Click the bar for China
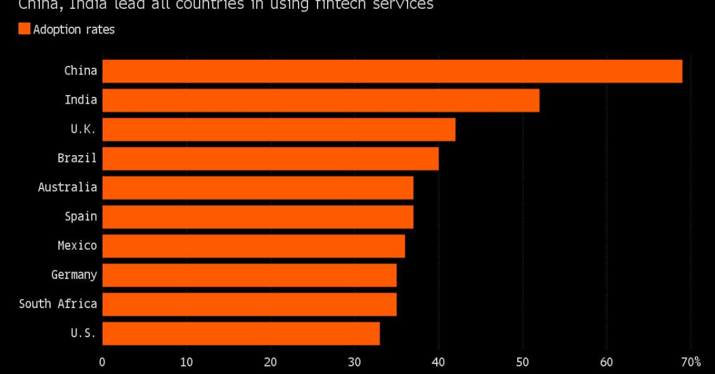(x=392, y=71)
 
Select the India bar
(x=321, y=100)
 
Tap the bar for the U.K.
(x=278, y=129)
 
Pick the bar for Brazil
(x=270, y=158)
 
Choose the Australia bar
(x=257, y=187)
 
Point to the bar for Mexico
(x=253, y=246)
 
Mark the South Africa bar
(x=249, y=304)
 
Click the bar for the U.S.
(x=241, y=333)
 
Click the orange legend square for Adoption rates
(x=24, y=28)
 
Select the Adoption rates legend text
(x=74, y=29)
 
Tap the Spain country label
(x=81, y=216)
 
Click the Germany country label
(x=74, y=275)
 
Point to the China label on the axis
(x=81, y=70)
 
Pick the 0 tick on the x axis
(x=102, y=362)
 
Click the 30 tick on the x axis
(x=354, y=362)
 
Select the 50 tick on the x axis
(x=522, y=362)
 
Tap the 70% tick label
(x=690, y=362)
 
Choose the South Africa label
(x=58, y=304)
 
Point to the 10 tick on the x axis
(x=186, y=362)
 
